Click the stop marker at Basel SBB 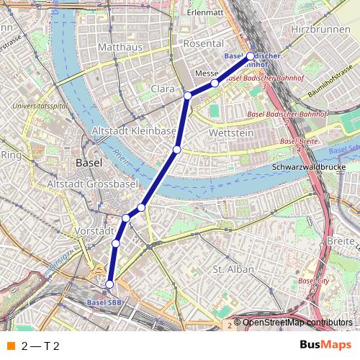(110, 284)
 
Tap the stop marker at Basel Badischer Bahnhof (251, 55)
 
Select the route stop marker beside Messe (215, 84)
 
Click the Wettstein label (229, 134)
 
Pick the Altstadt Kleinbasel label (135, 131)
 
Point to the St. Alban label (230, 269)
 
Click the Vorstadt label (94, 231)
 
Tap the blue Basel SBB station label (104, 302)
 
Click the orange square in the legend (11, 346)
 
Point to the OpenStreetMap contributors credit (295, 323)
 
